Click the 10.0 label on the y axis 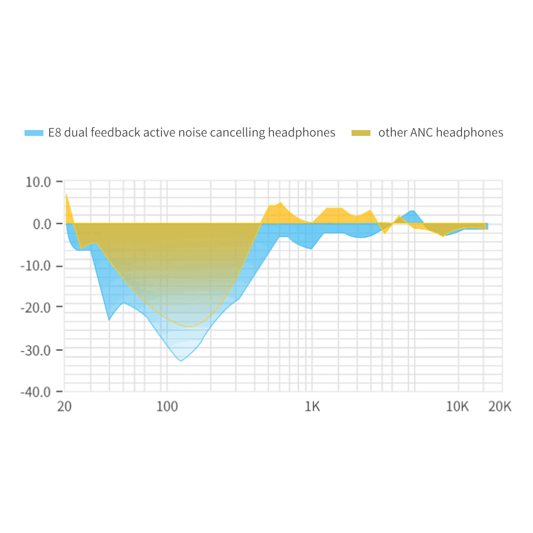(37, 182)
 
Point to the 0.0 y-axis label (41, 224)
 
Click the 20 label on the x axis (64, 407)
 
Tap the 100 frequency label (167, 407)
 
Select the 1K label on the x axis (312, 407)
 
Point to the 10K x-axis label (457, 407)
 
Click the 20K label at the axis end (499, 407)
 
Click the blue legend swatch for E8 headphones (34, 133)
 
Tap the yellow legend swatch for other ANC (361, 133)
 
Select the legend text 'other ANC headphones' (440, 133)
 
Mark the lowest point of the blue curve (181, 361)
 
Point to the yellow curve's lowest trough (189, 326)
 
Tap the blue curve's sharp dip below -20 (109, 320)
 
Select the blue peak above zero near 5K (412, 211)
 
